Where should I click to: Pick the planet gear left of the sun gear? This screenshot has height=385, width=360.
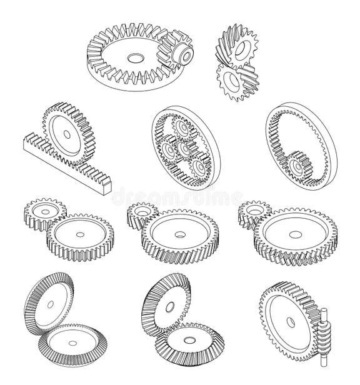pyautogui.click(x=168, y=152)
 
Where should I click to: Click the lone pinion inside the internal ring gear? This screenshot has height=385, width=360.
pyautogui.click(x=298, y=166)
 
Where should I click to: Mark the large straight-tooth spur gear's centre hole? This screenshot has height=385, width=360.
pyautogui.click(x=81, y=236)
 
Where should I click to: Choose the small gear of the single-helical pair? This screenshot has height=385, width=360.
pyautogui.click(x=141, y=213)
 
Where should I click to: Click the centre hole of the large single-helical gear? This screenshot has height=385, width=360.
pyautogui.click(x=180, y=236)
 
